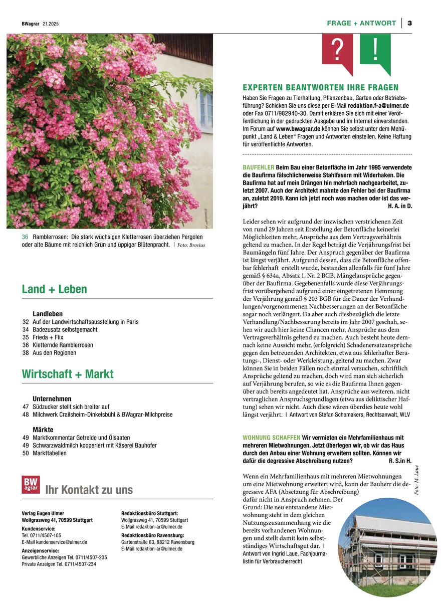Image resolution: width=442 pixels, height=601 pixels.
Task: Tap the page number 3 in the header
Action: click(409, 23)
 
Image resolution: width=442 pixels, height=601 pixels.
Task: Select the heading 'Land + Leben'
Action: click(54, 289)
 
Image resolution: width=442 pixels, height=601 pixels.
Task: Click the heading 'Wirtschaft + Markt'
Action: click(68, 374)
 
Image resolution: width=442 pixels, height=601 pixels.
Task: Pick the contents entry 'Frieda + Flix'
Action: click(50, 337)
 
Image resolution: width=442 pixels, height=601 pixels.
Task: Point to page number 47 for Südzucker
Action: click(26, 407)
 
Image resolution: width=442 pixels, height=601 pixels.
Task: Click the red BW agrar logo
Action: click(30, 484)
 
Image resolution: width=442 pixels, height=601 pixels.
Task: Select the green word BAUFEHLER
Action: click(258, 166)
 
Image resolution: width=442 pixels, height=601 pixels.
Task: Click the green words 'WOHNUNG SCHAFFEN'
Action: click(271, 438)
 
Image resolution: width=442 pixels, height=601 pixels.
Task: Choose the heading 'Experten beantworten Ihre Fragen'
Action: click(320, 87)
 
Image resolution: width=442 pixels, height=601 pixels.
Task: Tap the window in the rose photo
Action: click(206, 111)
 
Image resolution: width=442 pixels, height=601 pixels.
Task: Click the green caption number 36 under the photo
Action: click(25, 237)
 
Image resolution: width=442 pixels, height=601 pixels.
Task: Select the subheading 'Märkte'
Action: click(43, 430)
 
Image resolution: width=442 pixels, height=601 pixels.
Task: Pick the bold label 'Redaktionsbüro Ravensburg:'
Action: click(150, 535)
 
